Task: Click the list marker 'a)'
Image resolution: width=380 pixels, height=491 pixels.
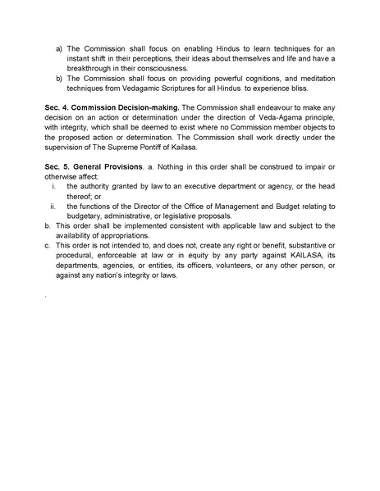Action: (59, 48)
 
